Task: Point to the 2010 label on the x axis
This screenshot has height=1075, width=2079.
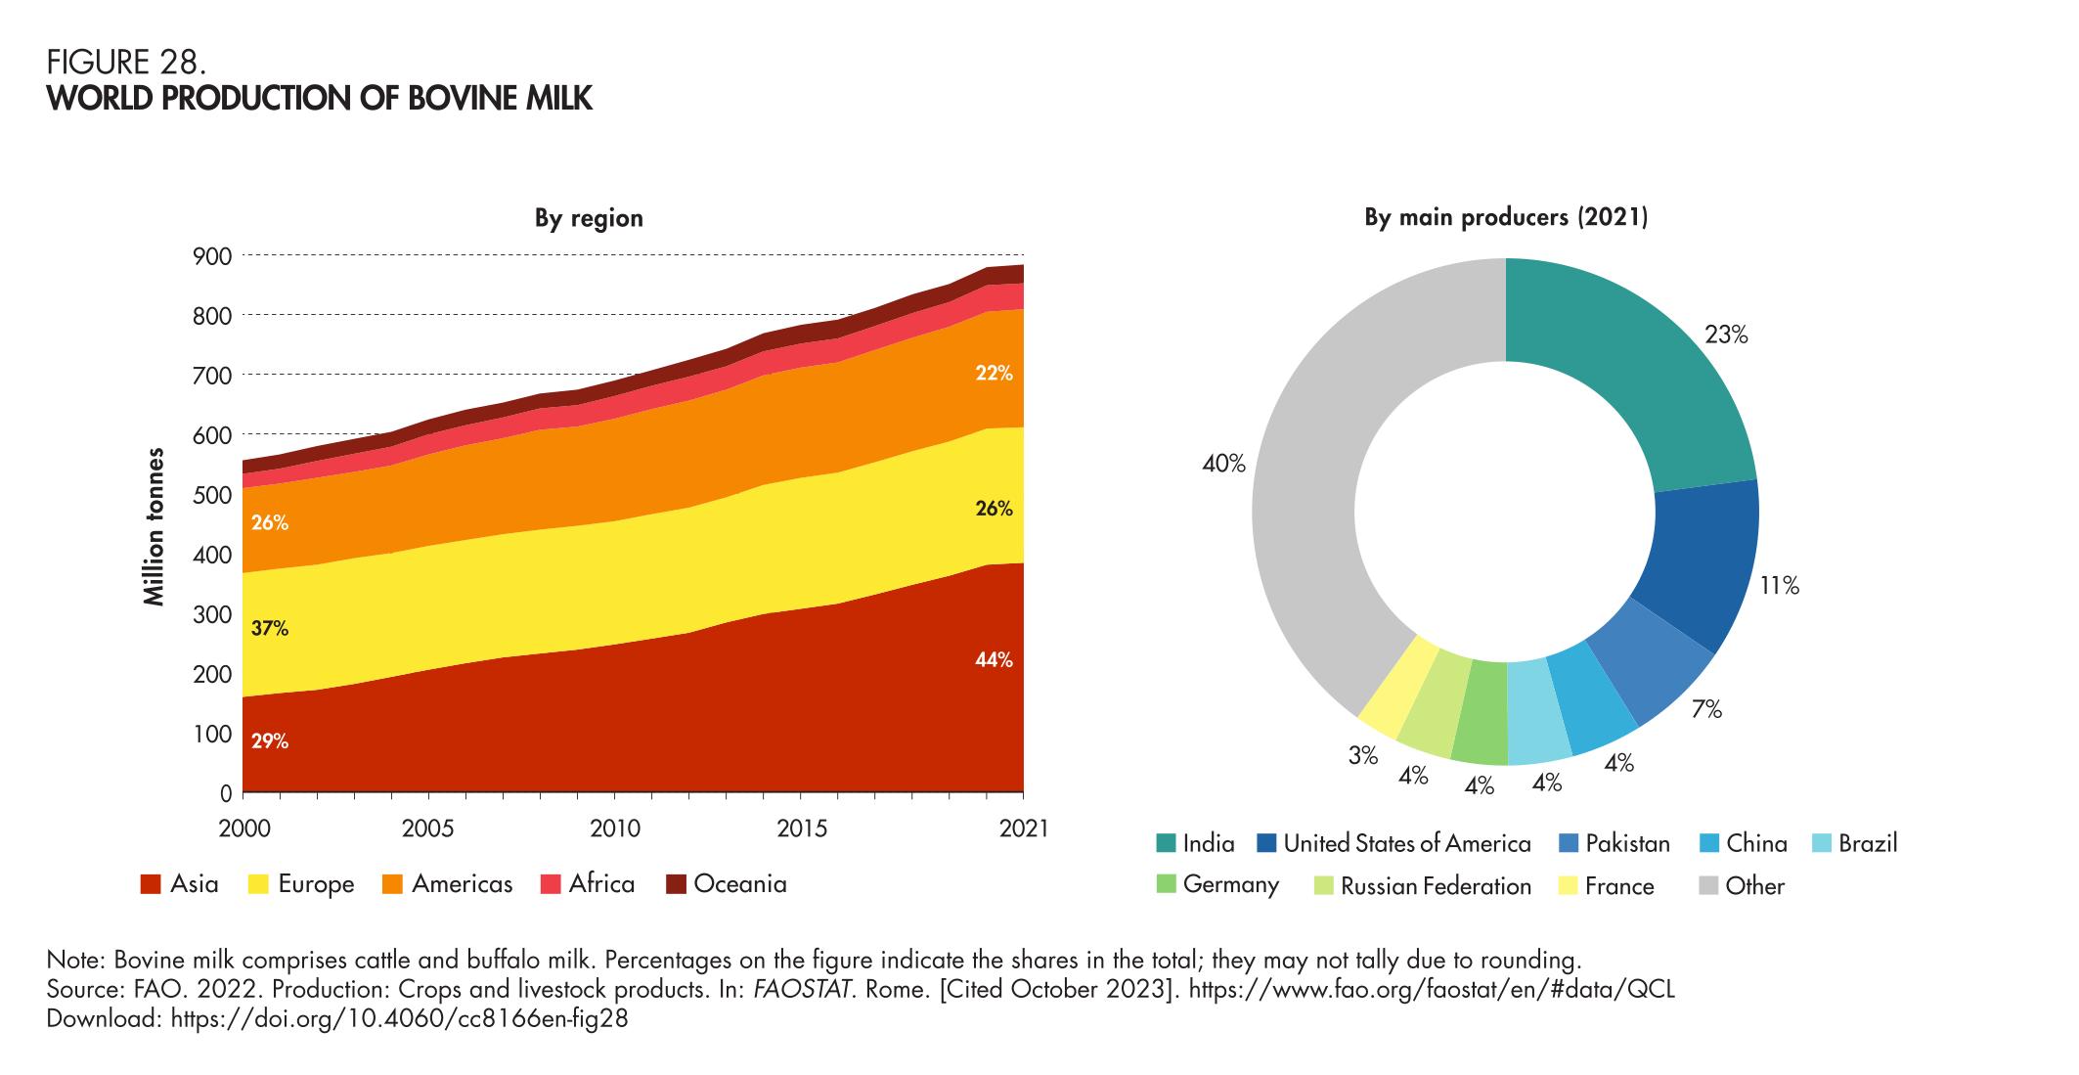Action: point(614,829)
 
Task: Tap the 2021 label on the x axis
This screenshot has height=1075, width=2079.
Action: point(1023,829)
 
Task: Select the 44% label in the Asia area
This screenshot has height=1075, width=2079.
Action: point(994,660)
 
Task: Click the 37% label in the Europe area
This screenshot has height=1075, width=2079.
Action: point(269,629)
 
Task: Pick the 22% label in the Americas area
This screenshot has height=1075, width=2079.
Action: point(994,373)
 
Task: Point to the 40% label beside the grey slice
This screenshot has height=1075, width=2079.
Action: point(1223,465)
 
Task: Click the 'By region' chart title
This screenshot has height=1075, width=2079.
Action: point(589,218)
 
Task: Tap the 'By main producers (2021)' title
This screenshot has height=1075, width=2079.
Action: point(1506,218)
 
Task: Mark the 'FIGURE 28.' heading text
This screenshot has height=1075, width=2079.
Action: point(127,65)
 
